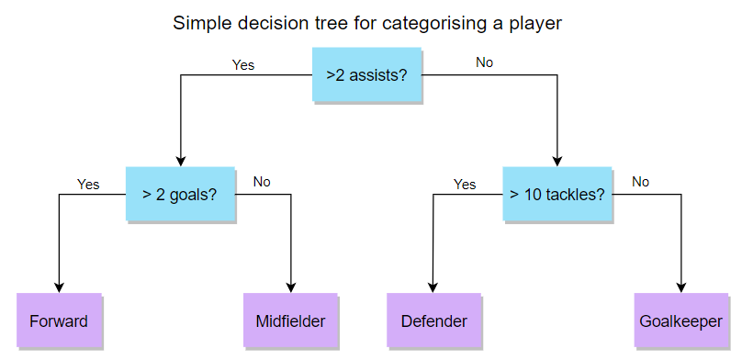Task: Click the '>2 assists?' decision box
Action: [366, 74]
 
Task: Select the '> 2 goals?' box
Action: [180, 194]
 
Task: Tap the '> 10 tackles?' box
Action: [557, 194]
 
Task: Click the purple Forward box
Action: [59, 321]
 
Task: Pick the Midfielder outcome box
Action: [290, 321]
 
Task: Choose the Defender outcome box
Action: [434, 321]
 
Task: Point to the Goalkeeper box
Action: [681, 321]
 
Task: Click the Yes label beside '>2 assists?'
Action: [243, 65]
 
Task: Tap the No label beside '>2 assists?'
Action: [484, 62]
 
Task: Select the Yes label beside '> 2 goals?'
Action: [88, 184]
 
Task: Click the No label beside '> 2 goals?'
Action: [262, 182]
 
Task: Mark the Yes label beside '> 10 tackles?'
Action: [465, 184]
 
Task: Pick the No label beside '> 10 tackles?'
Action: [640, 182]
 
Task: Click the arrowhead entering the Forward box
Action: [59, 288]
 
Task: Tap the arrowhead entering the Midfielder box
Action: [290, 288]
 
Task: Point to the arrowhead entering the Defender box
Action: [433, 288]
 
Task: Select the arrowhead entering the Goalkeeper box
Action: [681, 288]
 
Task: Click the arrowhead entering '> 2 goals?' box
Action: [180, 162]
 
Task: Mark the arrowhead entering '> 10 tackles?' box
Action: [557, 162]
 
